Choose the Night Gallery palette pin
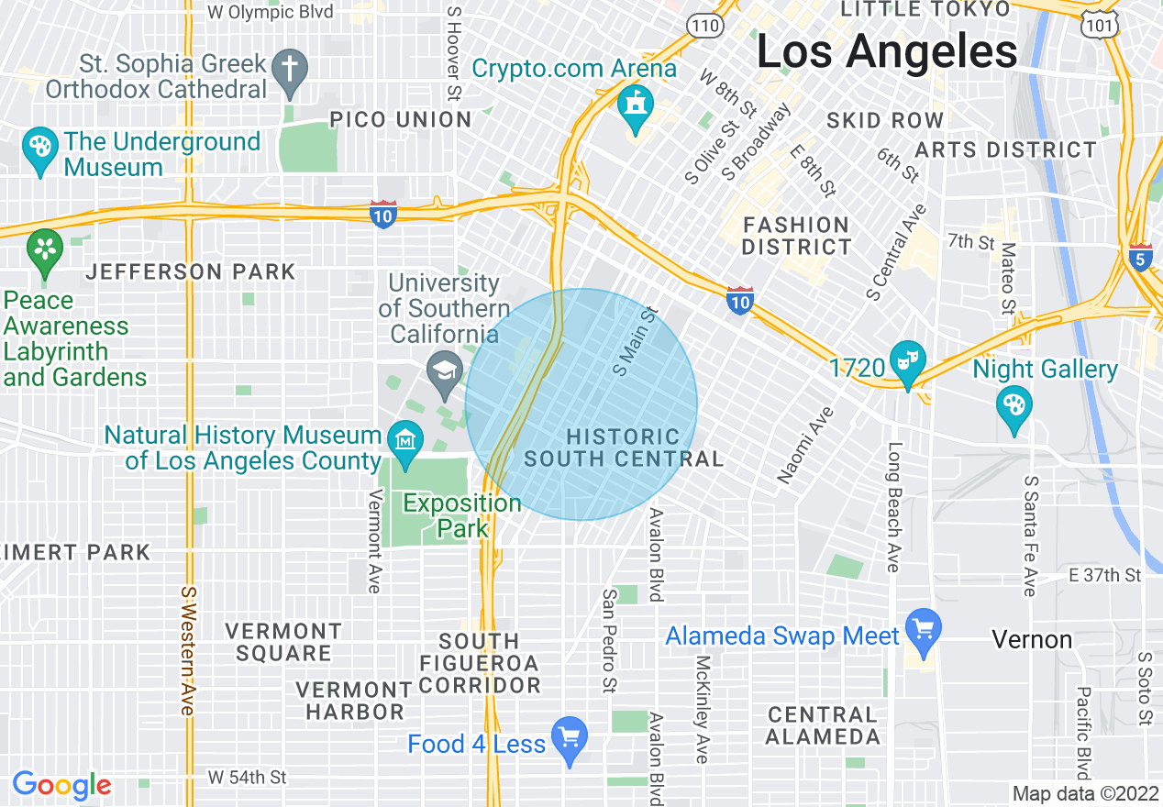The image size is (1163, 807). (1014, 410)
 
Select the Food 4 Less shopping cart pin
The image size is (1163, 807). (569, 739)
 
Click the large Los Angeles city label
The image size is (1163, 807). (886, 52)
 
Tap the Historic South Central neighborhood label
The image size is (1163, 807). (623, 448)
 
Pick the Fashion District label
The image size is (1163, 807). (796, 236)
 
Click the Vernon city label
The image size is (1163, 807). (1032, 639)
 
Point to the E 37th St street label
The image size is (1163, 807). (1104, 575)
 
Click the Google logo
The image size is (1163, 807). (61, 785)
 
